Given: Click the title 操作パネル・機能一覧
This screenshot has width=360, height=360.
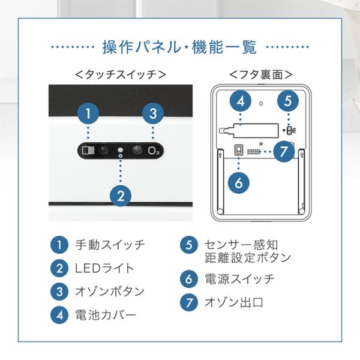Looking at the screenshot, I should [179, 46].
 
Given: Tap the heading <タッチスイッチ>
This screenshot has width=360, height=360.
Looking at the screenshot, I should [121, 75].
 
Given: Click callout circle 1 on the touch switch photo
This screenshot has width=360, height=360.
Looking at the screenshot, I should [88, 113].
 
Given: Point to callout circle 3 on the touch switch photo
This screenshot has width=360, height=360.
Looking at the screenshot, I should [153, 113].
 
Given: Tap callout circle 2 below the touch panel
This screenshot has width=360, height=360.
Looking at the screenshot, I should [121, 194].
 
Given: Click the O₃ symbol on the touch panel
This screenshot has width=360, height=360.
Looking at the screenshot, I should [154, 149].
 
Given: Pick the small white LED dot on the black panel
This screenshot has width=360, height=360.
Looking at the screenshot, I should [121, 149].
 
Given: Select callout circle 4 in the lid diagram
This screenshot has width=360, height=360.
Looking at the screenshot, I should [240, 101].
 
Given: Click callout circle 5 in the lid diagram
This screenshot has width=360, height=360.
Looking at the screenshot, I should [288, 101].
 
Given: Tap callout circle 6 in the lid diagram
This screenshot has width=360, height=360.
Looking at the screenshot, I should [239, 182].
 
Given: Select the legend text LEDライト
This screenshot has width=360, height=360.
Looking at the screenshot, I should [104, 268].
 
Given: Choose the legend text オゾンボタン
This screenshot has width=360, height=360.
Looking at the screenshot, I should [109, 292].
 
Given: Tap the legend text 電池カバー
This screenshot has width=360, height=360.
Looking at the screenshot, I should [105, 315].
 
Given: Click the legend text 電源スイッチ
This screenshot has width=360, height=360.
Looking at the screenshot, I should [239, 279].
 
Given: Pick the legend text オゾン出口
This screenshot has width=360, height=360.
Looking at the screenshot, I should [233, 302].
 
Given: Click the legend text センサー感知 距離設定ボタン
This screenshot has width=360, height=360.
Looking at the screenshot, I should [247, 251].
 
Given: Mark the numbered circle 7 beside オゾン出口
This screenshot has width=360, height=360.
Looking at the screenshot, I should [189, 302].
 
